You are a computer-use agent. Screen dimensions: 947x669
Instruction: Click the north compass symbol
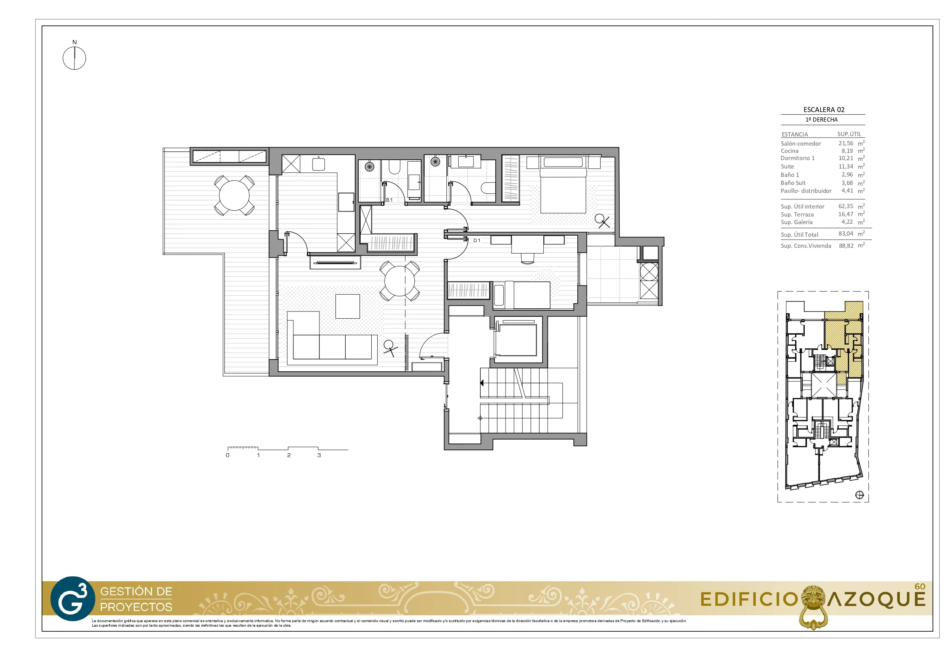pyautogui.click(x=74, y=58)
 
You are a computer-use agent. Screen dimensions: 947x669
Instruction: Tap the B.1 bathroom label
pyautogui.click(x=389, y=200)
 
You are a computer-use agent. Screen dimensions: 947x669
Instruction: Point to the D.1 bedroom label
pyautogui.click(x=477, y=240)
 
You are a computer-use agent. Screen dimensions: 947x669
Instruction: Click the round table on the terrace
pyautogui.click(x=234, y=196)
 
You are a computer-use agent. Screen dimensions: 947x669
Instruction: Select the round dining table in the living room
pyautogui.click(x=399, y=281)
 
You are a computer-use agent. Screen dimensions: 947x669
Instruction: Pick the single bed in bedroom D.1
pyautogui.click(x=522, y=295)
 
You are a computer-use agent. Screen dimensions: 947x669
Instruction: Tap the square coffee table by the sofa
pyautogui.click(x=347, y=306)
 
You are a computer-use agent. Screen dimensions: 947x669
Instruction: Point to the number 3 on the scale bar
pyautogui.click(x=319, y=455)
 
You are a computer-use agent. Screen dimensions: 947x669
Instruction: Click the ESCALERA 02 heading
pyautogui.click(x=824, y=110)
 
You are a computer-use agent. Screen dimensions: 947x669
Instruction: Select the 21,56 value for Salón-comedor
pyautogui.click(x=846, y=143)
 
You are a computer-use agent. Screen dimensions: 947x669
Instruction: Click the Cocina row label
pyautogui.click(x=789, y=151)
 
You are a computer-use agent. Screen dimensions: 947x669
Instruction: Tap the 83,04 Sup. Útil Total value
pyautogui.click(x=846, y=233)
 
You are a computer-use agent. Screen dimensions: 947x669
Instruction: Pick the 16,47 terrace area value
pyautogui.click(x=846, y=214)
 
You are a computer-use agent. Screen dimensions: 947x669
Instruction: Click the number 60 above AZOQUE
pyautogui.click(x=920, y=587)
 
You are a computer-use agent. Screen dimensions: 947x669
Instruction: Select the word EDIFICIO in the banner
pyautogui.click(x=749, y=599)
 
